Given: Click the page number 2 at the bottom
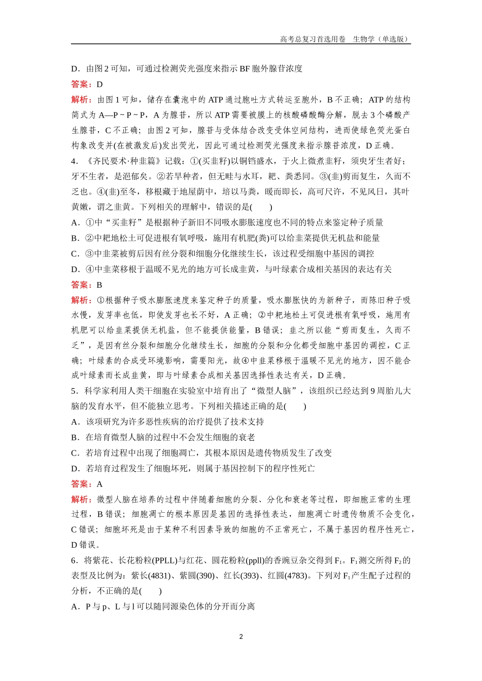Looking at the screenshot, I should point(241,636).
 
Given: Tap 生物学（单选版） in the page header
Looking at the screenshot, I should point(381,39).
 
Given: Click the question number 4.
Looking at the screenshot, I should point(74,161).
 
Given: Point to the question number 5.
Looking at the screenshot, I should point(74,391).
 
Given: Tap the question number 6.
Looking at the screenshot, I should point(74,560).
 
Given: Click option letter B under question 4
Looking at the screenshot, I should point(75,238).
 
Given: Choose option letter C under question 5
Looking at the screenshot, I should point(75,453).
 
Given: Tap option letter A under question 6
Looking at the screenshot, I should point(75,607).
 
